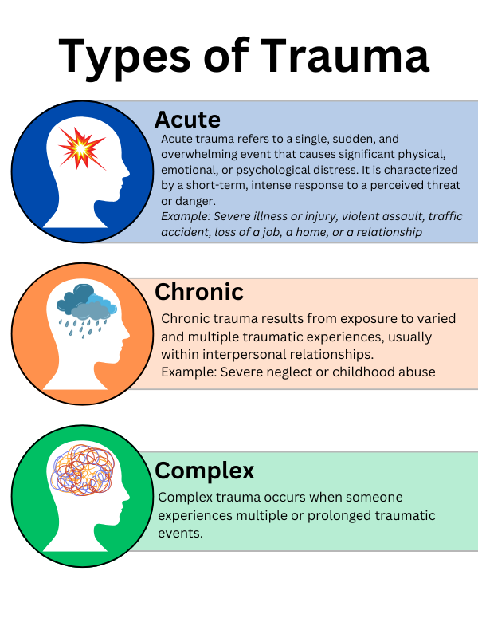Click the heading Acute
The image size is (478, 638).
pyautogui.click(x=187, y=120)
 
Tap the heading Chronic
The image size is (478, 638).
pyautogui.click(x=198, y=292)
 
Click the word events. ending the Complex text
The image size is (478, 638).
pyautogui.click(x=181, y=533)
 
